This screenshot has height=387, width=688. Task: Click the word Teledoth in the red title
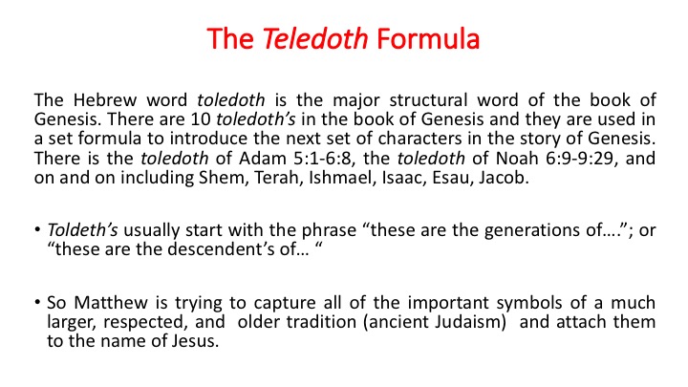pyautogui.click(x=315, y=38)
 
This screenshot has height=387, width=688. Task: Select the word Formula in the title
pyautogui.click(x=428, y=38)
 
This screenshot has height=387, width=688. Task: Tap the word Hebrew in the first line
pyautogui.click(x=105, y=100)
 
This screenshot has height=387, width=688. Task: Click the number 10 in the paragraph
pyautogui.click(x=201, y=119)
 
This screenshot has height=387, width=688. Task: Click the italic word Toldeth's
pyautogui.click(x=82, y=230)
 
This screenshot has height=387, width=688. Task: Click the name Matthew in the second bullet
pyautogui.click(x=111, y=303)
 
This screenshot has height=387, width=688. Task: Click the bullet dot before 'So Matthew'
pyautogui.click(x=37, y=302)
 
